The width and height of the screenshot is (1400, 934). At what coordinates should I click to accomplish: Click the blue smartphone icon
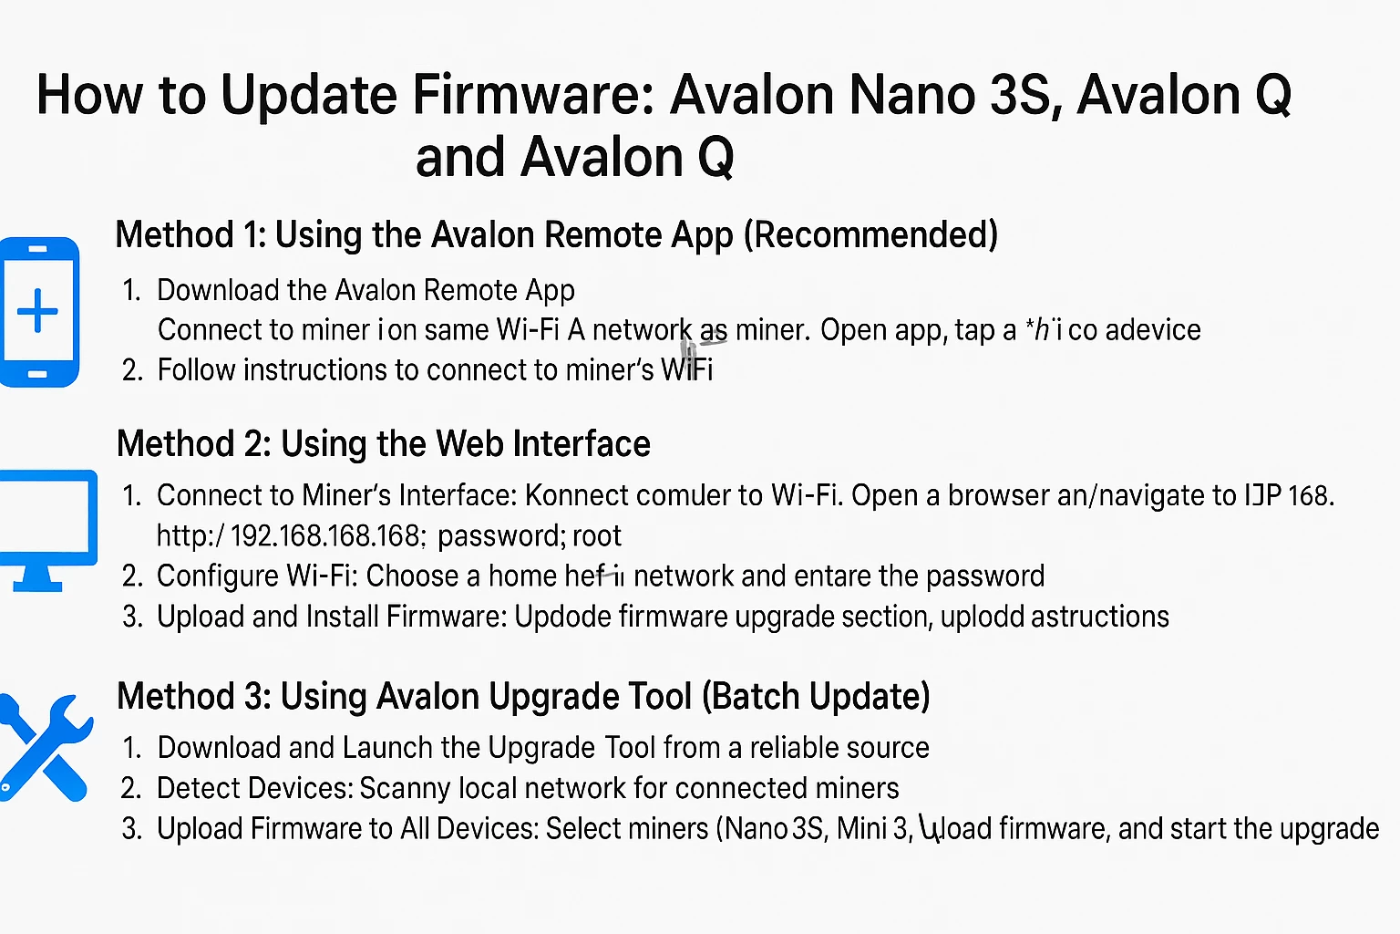pyautogui.click(x=39, y=312)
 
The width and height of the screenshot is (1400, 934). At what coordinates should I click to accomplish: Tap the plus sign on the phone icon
pyautogui.click(x=38, y=311)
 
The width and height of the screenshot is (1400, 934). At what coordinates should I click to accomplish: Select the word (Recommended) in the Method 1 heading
pyautogui.click(x=870, y=235)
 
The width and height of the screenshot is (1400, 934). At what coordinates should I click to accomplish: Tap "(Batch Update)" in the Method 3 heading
pyautogui.click(x=816, y=697)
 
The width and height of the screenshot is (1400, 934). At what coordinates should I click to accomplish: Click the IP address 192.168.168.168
pyautogui.click(x=325, y=535)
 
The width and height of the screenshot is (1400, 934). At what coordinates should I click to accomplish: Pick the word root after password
pyautogui.click(x=597, y=535)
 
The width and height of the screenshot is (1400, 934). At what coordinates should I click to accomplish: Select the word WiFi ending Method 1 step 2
pyautogui.click(x=686, y=370)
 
